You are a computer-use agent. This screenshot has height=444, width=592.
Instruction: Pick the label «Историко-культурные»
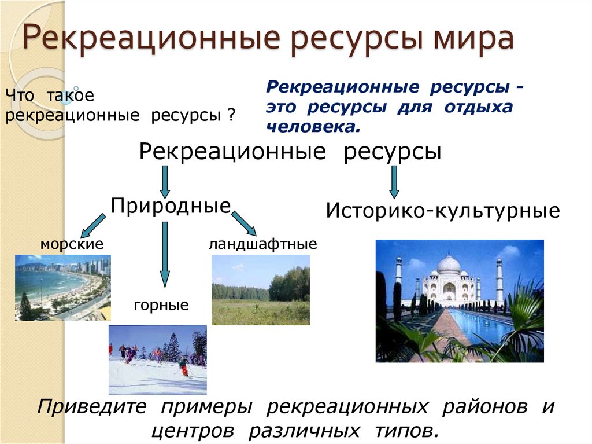click(x=443, y=210)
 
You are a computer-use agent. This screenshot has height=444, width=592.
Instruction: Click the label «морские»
click(x=72, y=244)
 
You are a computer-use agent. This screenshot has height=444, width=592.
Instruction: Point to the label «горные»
click(x=161, y=304)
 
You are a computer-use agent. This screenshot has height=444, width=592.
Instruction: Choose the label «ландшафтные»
click(x=262, y=244)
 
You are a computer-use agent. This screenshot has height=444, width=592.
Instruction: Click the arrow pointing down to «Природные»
click(x=165, y=181)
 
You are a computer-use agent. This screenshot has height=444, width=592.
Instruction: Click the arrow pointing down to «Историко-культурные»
click(x=394, y=182)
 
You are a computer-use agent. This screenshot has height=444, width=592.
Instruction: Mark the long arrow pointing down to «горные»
click(x=165, y=255)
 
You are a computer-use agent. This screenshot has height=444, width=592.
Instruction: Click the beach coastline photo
click(x=62, y=288)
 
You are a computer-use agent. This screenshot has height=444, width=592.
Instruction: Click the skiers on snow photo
click(x=157, y=359)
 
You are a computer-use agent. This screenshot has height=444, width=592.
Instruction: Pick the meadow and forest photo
click(x=260, y=289)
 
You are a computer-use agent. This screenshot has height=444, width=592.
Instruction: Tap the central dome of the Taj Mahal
click(x=449, y=265)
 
